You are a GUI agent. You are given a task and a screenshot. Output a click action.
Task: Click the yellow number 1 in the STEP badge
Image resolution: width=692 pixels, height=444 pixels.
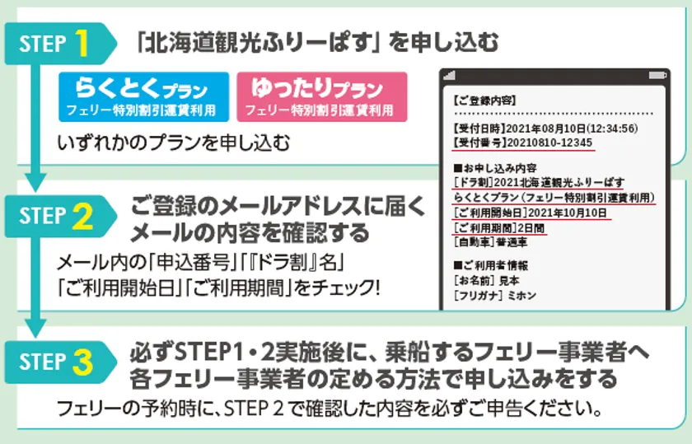(82, 44)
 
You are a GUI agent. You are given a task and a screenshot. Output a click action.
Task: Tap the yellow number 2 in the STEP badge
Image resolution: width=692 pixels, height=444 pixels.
(82, 217)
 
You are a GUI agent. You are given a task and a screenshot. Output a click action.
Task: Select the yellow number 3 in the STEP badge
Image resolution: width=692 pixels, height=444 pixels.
(82, 362)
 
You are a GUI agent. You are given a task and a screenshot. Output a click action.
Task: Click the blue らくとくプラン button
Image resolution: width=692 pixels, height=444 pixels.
(144, 97)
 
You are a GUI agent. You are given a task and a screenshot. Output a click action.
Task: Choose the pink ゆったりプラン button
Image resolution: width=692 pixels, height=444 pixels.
(322, 97)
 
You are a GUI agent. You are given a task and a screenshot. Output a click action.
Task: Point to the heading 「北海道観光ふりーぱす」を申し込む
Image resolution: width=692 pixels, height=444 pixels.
(317, 42)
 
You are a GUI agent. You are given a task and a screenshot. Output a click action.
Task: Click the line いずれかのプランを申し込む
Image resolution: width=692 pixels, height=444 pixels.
(174, 143)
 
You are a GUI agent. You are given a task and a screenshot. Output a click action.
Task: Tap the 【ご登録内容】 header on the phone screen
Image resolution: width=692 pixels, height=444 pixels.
(484, 100)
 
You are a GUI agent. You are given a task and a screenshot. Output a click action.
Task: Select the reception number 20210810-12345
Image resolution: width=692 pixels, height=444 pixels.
(549, 143)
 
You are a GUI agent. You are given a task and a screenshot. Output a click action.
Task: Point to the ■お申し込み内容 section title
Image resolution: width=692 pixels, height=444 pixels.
(495, 168)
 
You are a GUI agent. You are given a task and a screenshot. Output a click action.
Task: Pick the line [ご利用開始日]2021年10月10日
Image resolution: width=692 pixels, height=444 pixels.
(531, 213)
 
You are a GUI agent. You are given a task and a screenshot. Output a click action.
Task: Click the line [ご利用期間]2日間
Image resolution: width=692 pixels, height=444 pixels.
(499, 227)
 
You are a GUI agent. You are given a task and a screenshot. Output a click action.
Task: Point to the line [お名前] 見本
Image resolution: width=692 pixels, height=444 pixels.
(487, 280)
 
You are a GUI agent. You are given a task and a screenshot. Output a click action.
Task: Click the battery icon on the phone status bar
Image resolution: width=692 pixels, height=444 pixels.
(657, 76)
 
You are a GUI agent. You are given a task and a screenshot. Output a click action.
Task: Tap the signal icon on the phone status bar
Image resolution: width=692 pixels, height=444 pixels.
(449, 76)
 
